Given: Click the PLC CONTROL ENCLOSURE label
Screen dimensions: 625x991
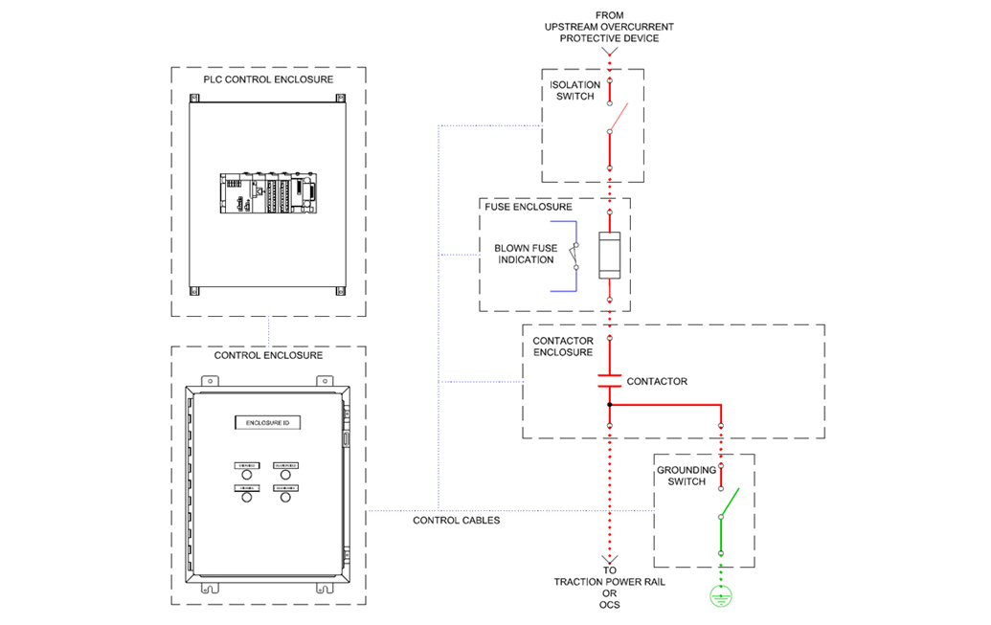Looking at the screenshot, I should pos(267,79).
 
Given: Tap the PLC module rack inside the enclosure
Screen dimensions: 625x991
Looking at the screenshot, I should pos(267,193).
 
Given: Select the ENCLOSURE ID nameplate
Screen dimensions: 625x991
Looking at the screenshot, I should pos(267,422).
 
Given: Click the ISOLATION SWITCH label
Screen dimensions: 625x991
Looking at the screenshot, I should pos(574,91).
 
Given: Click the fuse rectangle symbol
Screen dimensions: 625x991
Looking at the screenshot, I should pos(610,255).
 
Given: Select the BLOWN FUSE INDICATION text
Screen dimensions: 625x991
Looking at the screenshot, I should pos(526,254).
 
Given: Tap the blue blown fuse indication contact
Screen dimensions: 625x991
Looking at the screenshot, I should pos(575,256).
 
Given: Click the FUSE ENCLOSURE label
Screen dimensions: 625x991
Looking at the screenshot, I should pos(529,207).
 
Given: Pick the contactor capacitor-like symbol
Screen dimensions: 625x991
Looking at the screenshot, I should pos(610,380).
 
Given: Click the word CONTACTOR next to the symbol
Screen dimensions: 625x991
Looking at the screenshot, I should pos(657,381).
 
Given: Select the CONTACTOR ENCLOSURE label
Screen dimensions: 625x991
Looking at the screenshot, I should pos(563,346).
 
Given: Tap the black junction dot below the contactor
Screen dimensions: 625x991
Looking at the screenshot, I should pos(610,404).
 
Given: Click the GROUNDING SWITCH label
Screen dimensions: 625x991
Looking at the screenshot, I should pos(686,476).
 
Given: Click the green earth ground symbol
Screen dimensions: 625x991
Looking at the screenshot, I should pos(721,596).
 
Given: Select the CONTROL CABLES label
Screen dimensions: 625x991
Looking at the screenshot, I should pos(456,521).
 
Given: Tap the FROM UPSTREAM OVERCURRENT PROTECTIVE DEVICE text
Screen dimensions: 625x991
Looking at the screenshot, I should pos(609,27).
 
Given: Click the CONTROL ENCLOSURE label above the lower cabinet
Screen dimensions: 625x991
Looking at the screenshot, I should pos(268,355).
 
